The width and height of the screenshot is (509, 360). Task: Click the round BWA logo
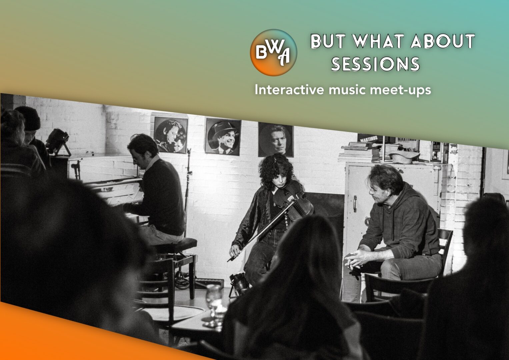274,53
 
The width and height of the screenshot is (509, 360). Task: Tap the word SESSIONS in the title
375,64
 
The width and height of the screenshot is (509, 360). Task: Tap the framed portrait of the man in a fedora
223,137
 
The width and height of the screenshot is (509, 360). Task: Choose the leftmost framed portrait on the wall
171,135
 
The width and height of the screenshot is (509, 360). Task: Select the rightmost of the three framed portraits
276,140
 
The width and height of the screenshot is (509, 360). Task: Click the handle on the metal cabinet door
355,204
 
